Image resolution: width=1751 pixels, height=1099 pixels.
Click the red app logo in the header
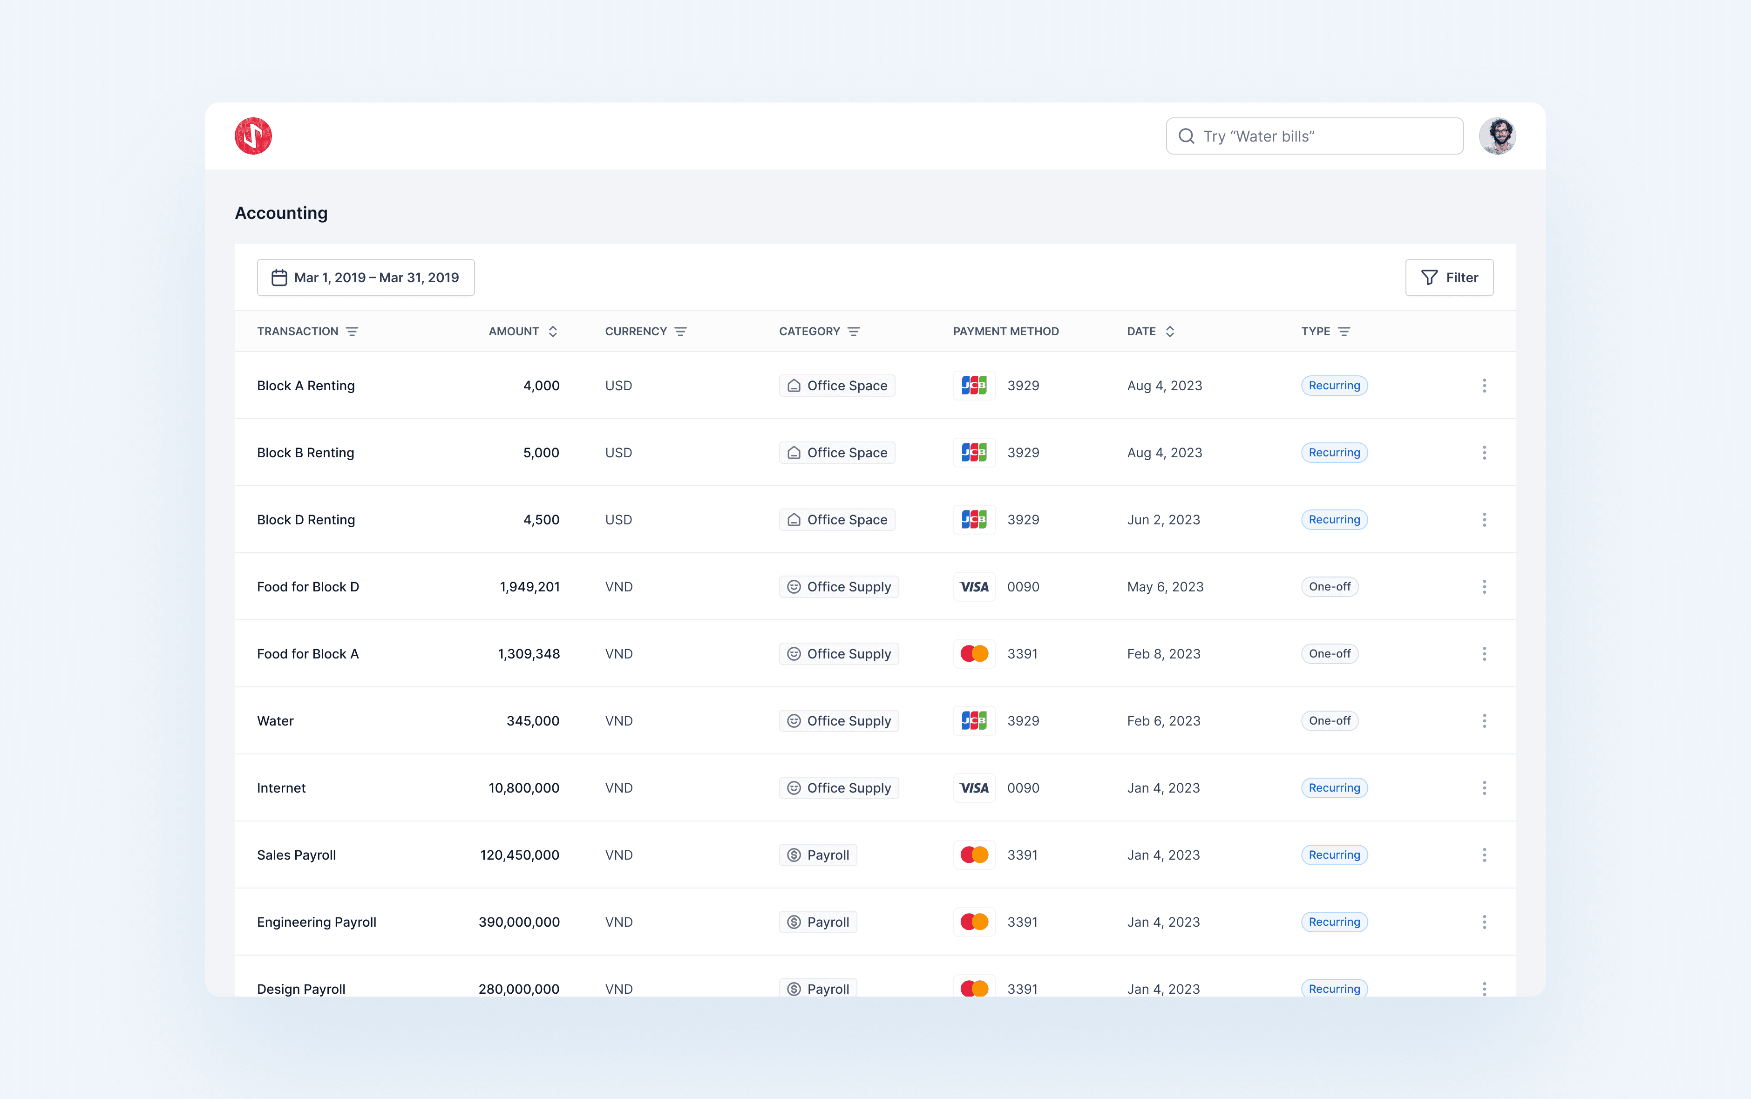click(x=253, y=136)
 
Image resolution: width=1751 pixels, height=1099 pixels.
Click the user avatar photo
click(x=1497, y=136)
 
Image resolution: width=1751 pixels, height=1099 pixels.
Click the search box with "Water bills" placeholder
click(x=1314, y=136)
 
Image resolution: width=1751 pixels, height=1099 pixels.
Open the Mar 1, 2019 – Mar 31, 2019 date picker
click(x=366, y=278)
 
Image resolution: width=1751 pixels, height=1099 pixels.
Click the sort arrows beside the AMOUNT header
click(x=553, y=332)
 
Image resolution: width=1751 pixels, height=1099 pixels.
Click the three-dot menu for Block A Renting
click(x=1484, y=385)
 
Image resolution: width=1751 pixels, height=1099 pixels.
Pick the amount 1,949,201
click(x=530, y=587)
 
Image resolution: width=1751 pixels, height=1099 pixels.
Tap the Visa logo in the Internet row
click(x=974, y=788)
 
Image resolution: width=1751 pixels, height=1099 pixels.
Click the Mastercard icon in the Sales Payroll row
click(x=974, y=855)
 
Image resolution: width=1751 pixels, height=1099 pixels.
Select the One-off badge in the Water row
click(x=1330, y=721)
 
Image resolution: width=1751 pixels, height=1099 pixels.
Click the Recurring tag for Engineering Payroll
click(x=1335, y=922)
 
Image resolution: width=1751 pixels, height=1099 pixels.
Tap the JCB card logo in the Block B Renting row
click(x=974, y=453)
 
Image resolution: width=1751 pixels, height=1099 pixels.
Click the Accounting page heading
click(x=281, y=213)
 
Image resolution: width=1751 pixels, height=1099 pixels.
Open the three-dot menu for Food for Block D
click(x=1484, y=587)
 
